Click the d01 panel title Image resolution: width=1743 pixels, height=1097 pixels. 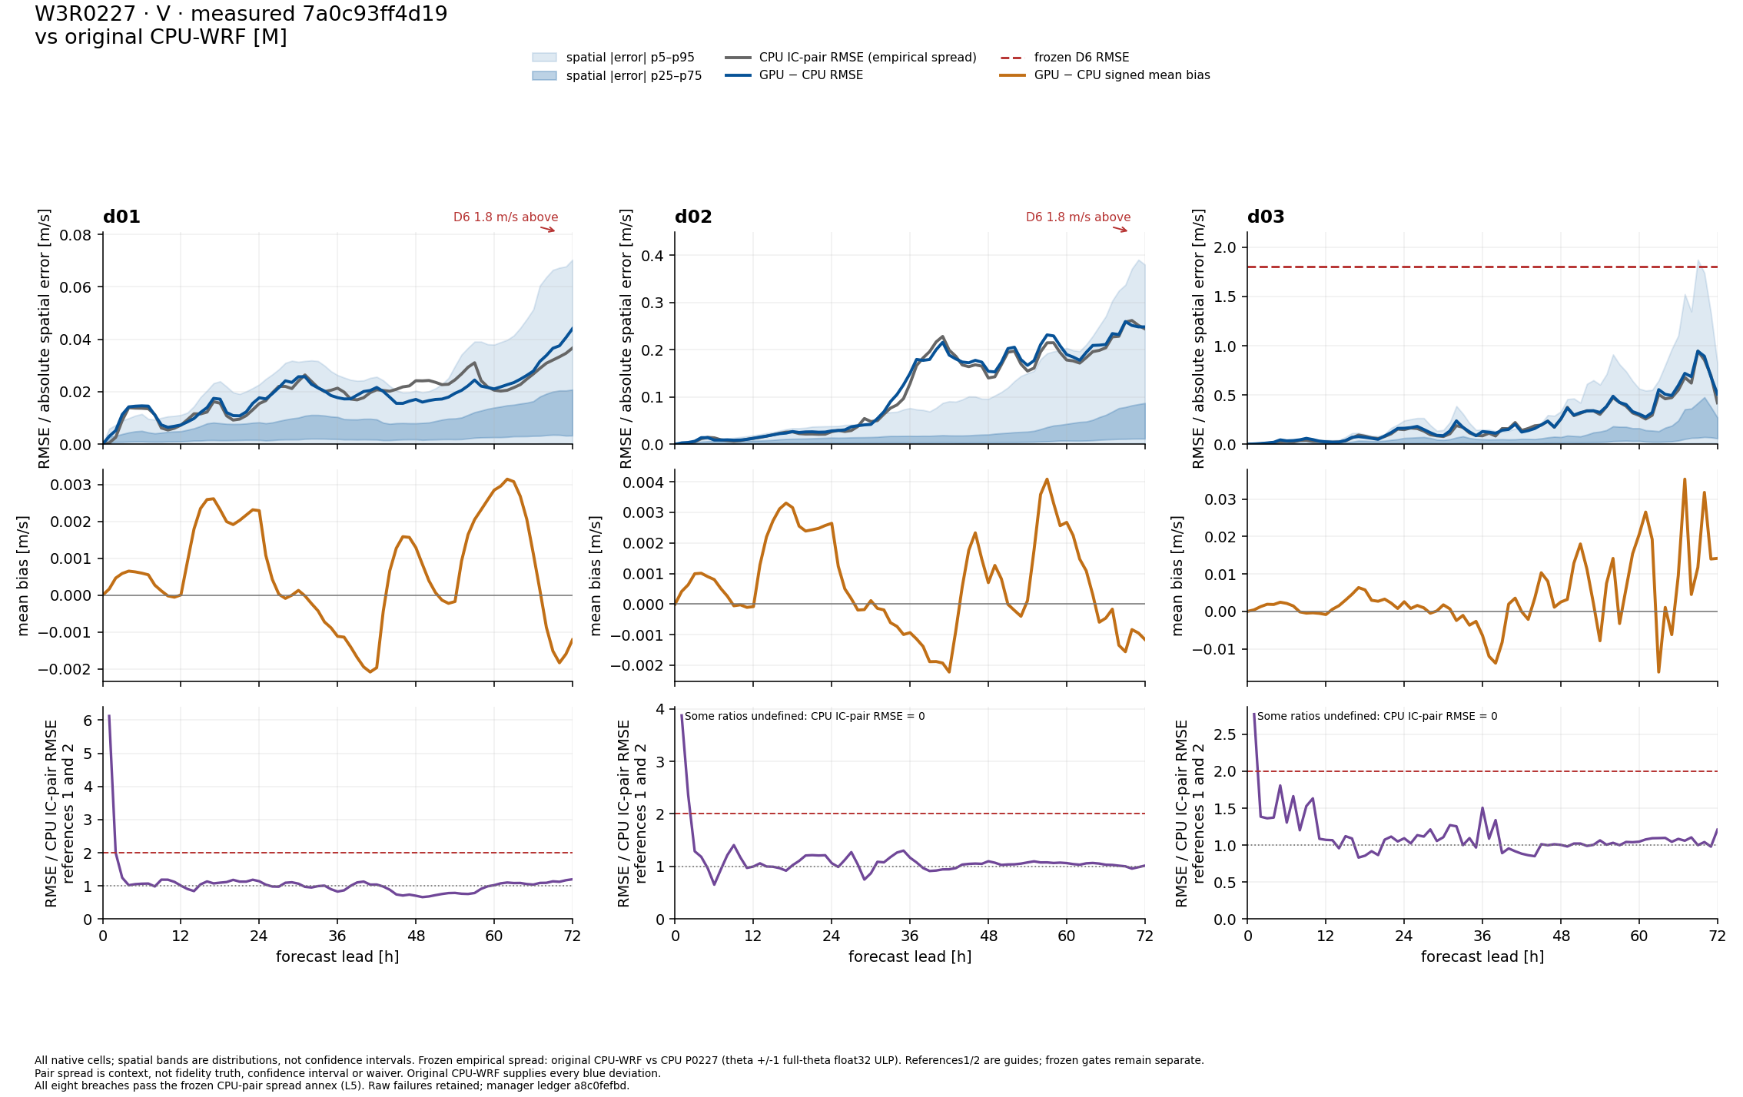(121, 217)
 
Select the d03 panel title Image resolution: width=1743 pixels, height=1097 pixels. (1266, 217)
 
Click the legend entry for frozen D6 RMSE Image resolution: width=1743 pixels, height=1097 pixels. (1065, 58)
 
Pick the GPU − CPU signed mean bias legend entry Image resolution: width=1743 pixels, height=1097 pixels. (1105, 75)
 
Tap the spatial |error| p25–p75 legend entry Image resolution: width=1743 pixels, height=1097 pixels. (617, 76)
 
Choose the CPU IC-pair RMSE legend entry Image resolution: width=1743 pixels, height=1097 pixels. (851, 58)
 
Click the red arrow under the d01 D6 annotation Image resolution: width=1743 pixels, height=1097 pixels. (547, 229)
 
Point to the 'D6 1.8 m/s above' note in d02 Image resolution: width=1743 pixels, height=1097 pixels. (1078, 217)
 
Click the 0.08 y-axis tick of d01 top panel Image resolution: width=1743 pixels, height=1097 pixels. (75, 235)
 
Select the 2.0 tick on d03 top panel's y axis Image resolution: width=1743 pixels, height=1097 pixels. (1225, 247)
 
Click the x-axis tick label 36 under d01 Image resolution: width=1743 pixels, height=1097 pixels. (337, 936)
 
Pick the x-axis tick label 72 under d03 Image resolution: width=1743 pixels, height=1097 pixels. (1717, 936)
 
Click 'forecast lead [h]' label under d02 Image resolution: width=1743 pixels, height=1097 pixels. (910, 956)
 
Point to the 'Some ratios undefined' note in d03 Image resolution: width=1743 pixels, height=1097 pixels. (1377, 716)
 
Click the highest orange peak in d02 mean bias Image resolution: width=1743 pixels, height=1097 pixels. (1047, 479)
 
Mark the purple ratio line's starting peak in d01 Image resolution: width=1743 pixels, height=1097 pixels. (109, 716)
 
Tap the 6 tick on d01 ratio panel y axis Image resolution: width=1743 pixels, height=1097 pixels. (88, 721)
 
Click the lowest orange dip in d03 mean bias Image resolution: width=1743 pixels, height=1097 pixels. (1658, 672)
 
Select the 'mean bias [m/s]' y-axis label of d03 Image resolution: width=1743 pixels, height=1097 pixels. (1177, 575)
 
